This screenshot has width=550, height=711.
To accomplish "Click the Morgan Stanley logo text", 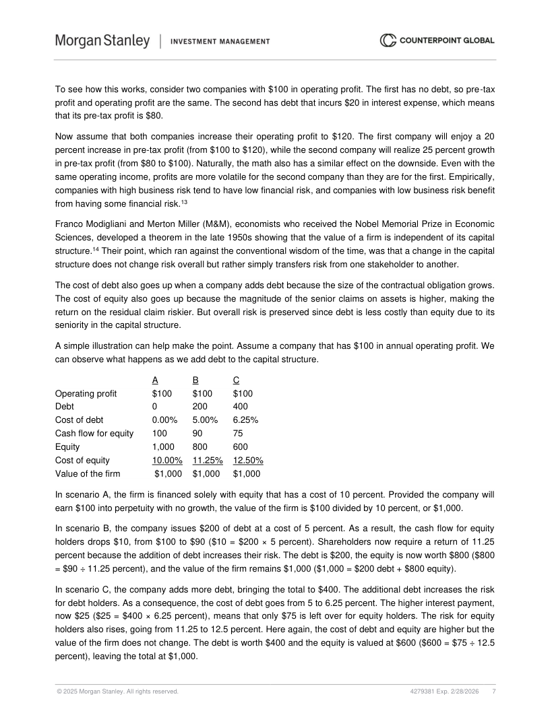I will point(102,41).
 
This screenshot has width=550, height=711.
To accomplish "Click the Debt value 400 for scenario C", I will point(240,407).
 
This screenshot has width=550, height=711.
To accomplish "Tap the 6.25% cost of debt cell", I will point(246,420).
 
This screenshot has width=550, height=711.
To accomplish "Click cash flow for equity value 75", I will point(238,434).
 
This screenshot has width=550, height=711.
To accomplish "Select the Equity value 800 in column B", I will point(200,447).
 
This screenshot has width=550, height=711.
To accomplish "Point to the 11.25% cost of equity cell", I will point(208,461).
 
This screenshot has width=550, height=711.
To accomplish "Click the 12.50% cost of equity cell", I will point(247,461).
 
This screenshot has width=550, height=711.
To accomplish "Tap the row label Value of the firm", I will point(88,474).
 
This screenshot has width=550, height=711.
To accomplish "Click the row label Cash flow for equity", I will point(94,434).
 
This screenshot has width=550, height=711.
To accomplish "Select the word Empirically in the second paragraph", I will point(469,177).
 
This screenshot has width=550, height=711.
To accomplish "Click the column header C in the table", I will point(236,380).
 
